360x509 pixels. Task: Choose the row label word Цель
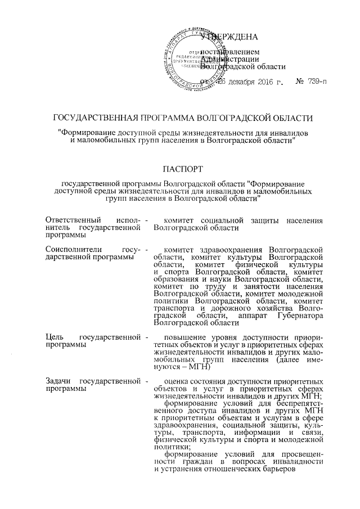[53, 336]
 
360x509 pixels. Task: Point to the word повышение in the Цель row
[184, 336]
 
